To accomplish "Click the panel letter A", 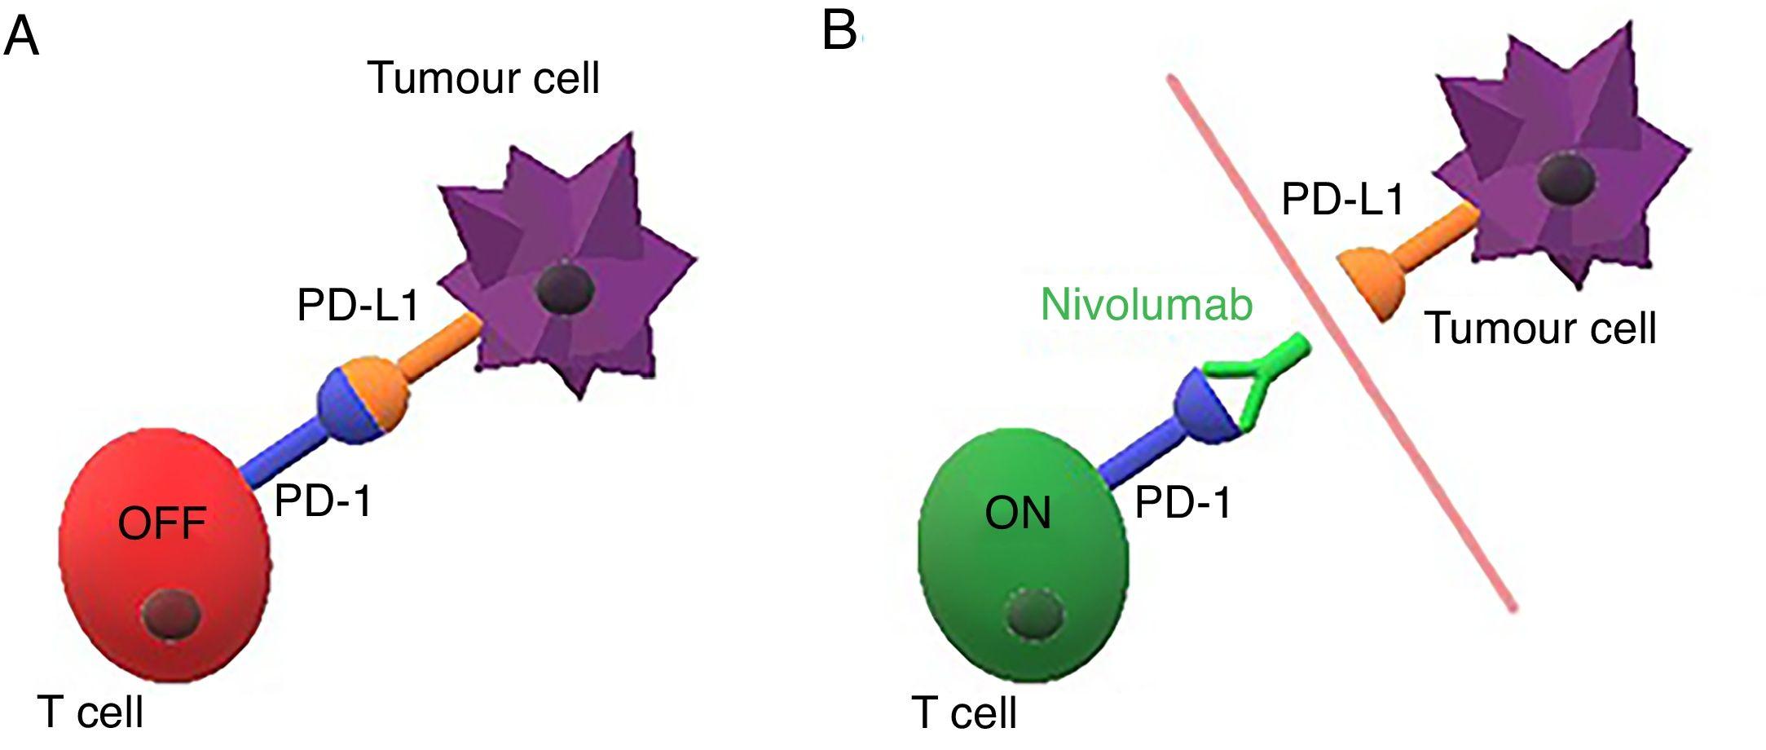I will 21,37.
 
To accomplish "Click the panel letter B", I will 839,33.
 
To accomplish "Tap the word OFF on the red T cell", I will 161,523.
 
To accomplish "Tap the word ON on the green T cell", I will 1018,514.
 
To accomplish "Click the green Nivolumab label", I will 1147,305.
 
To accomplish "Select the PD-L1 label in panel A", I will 359,307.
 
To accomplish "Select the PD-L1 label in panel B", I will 1343,198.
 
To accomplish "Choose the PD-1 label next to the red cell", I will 323,500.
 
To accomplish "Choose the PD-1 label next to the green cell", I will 1183,502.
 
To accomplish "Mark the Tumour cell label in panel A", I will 484,78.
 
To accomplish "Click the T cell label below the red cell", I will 90,712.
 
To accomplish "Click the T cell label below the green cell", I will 964,712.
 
